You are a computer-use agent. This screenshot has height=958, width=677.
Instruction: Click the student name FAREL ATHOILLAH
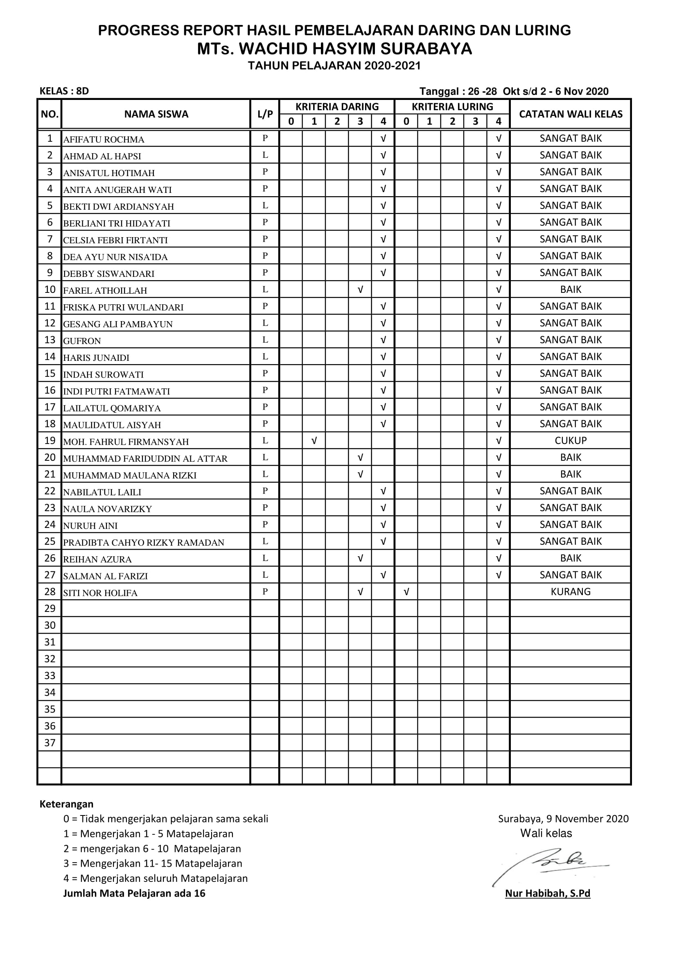click(105, 290)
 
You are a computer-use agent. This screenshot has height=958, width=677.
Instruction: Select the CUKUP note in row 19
click(570, 441)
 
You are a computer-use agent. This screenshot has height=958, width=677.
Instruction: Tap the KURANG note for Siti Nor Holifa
click(570, 592)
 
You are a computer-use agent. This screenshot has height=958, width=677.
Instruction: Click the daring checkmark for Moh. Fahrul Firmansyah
click(314, 441)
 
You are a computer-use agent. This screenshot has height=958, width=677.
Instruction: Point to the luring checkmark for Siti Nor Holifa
click(406, 592)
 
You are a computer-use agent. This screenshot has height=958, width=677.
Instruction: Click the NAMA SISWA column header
click(156, 114)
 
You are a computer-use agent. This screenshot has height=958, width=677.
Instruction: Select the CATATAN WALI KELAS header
click(570, 114)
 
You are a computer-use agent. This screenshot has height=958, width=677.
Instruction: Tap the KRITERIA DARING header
click(337, 107)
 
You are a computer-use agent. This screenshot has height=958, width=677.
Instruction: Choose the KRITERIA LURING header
click(452, 107)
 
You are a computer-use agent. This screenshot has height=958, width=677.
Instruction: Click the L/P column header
click(265, 114)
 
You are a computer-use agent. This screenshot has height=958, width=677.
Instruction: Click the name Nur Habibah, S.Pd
click(547, 893)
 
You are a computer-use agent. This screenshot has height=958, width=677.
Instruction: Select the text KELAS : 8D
click(64, 91)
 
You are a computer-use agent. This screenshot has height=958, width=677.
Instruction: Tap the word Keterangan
click(66, 804)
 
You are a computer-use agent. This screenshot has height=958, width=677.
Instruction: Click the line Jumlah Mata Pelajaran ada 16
click(134, 893)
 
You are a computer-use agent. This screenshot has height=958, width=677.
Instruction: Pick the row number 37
click(50, 743)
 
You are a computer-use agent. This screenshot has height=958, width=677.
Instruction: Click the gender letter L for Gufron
click(265, 340)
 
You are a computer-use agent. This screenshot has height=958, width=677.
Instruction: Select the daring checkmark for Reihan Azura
click(360, 558)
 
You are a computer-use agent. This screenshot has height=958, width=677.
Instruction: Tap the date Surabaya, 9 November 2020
click(563, 819)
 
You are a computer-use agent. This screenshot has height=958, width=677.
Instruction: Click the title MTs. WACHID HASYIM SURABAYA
click(334, 49)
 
